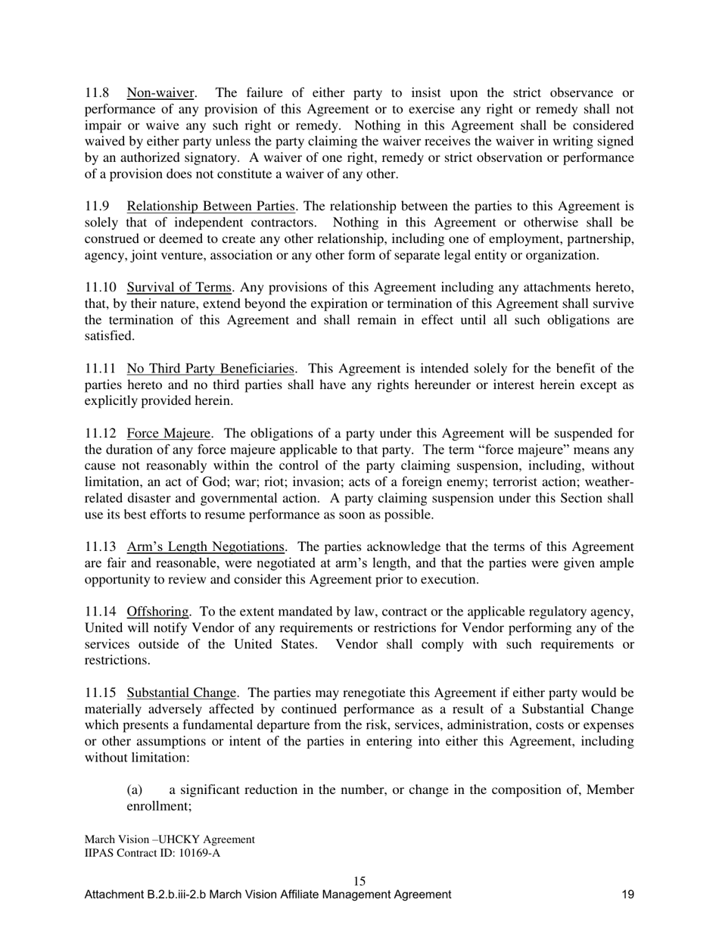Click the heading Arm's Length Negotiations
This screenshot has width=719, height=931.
(x=207, y=547)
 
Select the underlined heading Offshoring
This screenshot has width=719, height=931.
(x=157, y=612)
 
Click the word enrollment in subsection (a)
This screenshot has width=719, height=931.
(x=157, y=807)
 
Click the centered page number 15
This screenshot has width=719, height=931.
(x=359, y=881)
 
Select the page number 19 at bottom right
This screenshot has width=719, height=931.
(x=627, y=895)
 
